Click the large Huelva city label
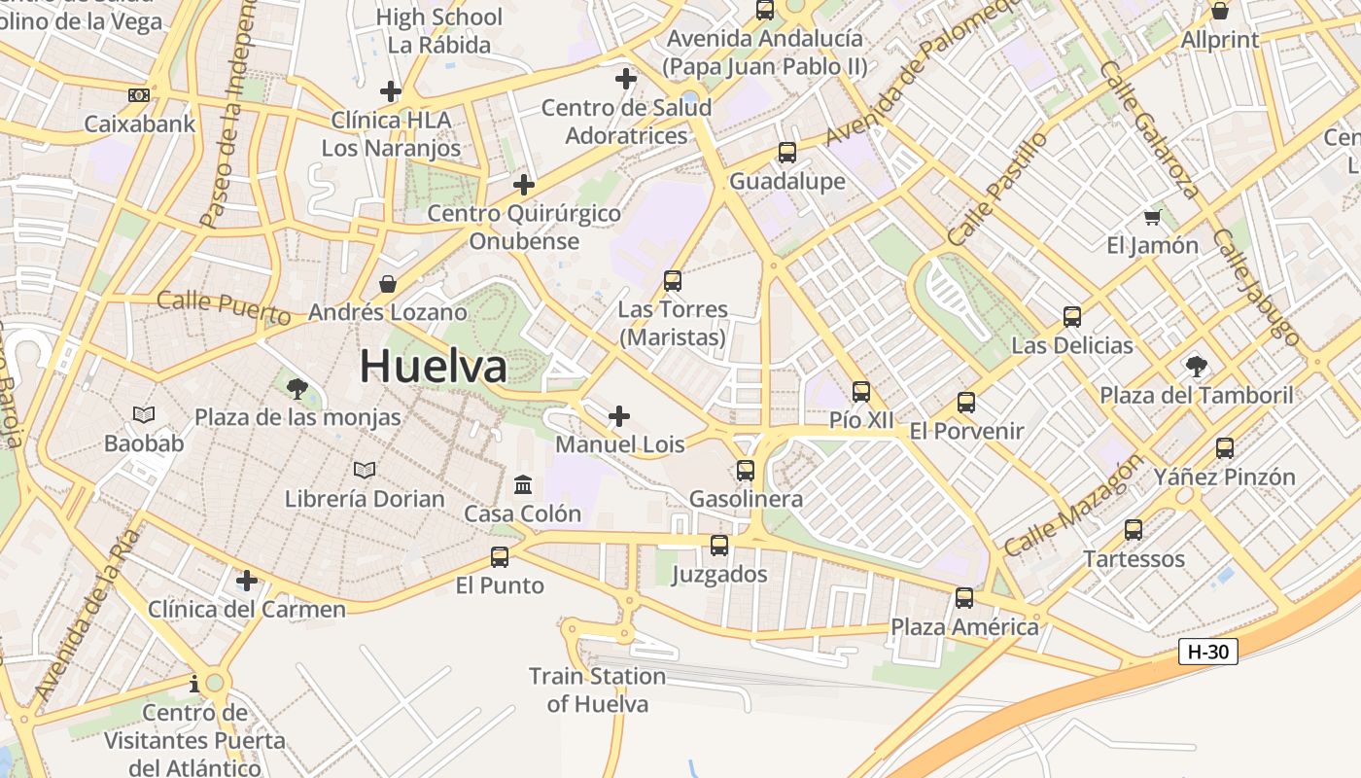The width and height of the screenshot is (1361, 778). tap(434, 367)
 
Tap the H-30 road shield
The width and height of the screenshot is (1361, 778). tap(1208, 652)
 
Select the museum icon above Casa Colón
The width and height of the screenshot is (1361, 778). tap(523, 484)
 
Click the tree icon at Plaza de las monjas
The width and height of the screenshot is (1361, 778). tap(297, 389)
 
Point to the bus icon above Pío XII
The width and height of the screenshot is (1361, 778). tap(861, 392)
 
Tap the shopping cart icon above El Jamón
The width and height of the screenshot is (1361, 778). tap(1153, 217)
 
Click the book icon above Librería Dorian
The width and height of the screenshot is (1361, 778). tap(365, 471)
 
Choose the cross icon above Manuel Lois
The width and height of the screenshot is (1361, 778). tap(619, 417)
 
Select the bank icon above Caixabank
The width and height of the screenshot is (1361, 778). tap(139, 95)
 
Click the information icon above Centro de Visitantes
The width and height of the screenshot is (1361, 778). tap(195, 684)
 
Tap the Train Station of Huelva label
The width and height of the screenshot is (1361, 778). tap(597, 690)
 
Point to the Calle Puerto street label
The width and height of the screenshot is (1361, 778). tap(224, 307)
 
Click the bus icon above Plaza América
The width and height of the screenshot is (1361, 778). tap(964, 598)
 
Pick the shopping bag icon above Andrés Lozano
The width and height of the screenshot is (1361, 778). tap(388, 284)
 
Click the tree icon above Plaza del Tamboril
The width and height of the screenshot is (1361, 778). tap(1197, 367)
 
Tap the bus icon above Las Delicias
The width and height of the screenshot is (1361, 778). tap(1072, 317)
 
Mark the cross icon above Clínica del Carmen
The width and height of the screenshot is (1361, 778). tap(247, 581)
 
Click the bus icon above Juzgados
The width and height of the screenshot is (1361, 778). tap(719, 546)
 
